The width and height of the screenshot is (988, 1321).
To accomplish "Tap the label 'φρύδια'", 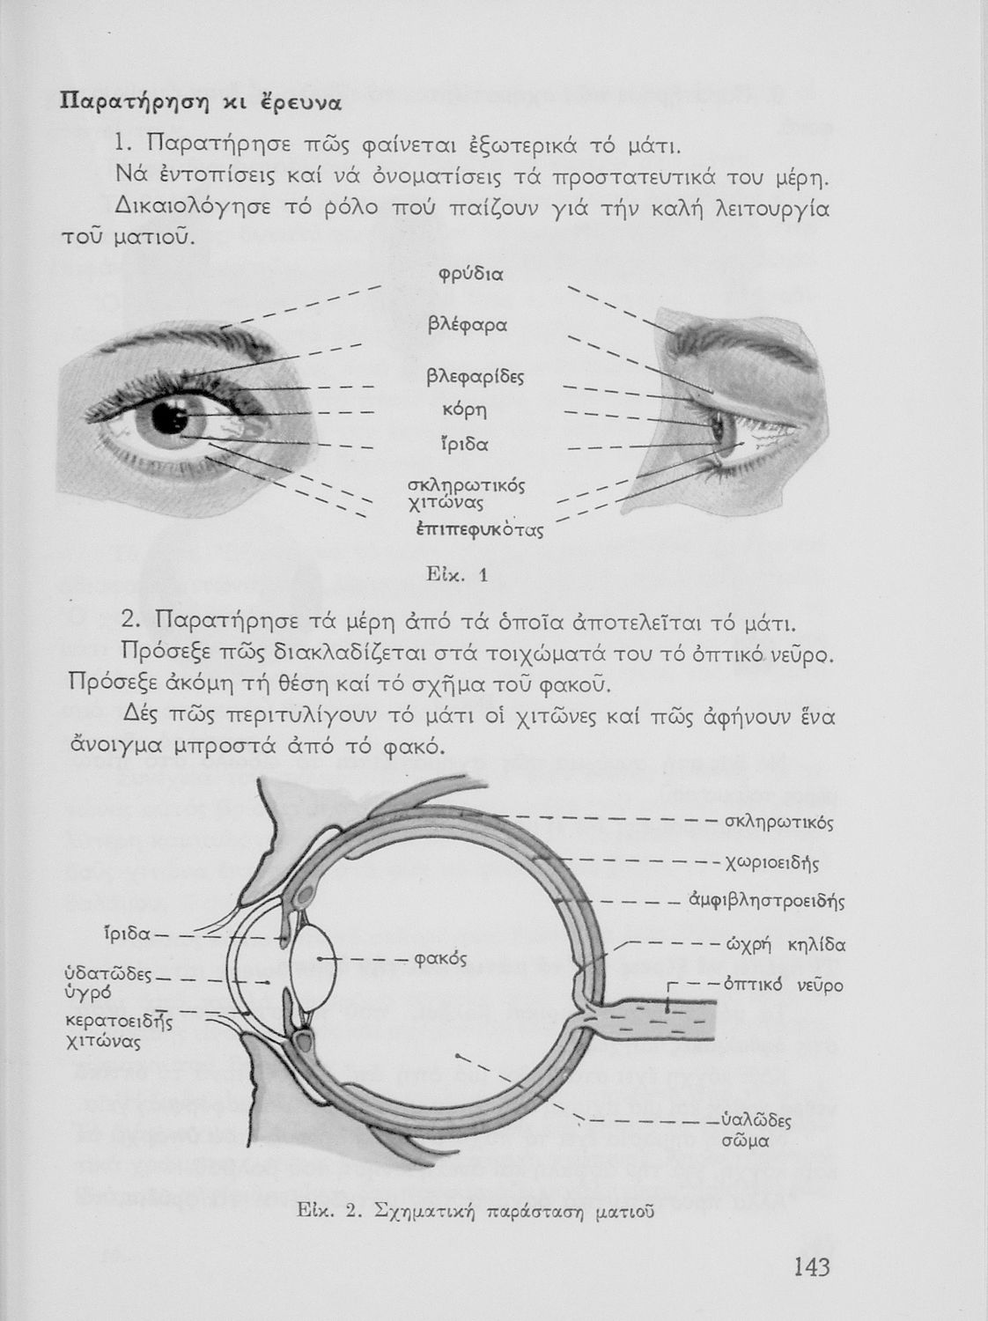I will [x=470, y=275].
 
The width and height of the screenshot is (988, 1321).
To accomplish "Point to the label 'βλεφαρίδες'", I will [x=475, y=378].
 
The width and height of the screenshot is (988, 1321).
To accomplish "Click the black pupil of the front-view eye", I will [x=165, y=417].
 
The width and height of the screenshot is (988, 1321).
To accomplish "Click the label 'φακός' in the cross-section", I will [x=439, y=959].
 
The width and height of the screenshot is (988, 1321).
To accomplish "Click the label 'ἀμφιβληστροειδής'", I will [x=766, y=901].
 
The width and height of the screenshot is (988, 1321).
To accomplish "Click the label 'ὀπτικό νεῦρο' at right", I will [x=783, y=985].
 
